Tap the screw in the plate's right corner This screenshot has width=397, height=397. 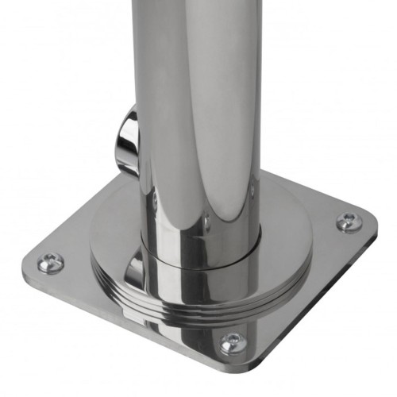point(347,222)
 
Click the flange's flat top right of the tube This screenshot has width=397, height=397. point(286,214)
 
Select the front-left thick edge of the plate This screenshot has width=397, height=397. point(119,318)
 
